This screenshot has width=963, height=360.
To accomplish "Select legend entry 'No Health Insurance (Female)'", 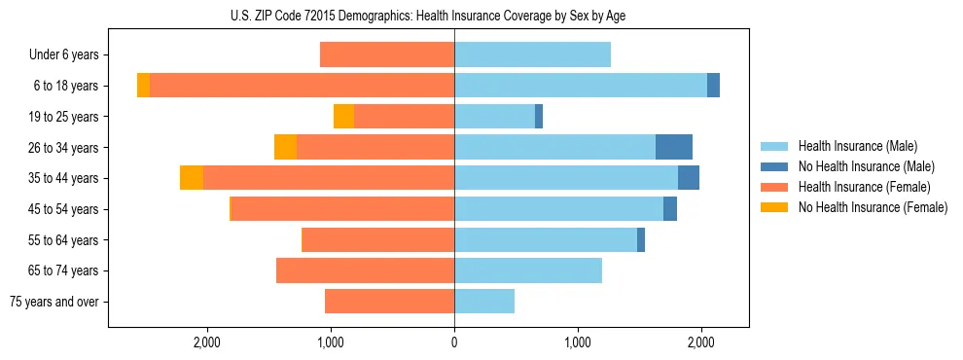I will (x=873, y=207).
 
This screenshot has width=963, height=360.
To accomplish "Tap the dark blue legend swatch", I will (x=775, y=166).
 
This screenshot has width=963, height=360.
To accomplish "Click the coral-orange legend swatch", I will (x=775, y=187).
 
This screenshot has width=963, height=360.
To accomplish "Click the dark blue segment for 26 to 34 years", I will (x=674, y=147).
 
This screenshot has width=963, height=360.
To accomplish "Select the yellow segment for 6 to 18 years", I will (x=143, y=86).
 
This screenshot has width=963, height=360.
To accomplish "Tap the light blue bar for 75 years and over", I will (x=484, y=302).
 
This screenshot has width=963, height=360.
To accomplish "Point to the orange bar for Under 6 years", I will (x=387, y=55).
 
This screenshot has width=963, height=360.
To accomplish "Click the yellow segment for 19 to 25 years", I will (x=343, y=117).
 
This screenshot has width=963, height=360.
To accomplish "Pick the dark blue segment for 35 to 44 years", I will (x=689, y=178).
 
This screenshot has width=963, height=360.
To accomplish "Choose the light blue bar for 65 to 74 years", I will (x=528, y=270).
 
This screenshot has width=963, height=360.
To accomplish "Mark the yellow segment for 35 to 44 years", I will (x=192, y=178).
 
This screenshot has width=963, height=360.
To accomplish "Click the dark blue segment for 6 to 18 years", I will (x=713, y=86).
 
